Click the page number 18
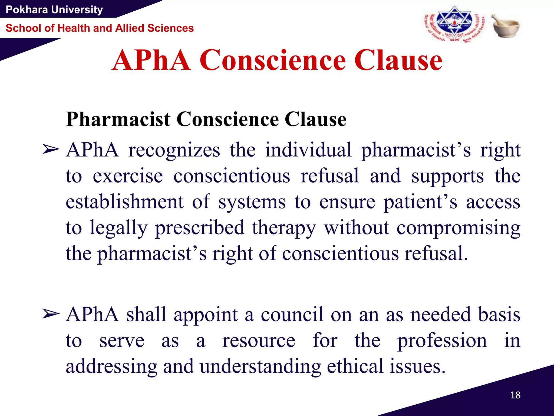(515, 395)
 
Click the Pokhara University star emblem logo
(454, 24)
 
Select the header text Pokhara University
(54, 10)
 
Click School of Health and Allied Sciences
(100, 28)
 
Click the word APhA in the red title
(151, 60)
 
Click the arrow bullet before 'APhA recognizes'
(51, 150)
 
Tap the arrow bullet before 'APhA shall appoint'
(51, 314)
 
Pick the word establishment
(125, 202)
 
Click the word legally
(118, 228)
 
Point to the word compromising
(458, 228)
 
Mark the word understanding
(260, 366)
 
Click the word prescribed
(200, 228)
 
